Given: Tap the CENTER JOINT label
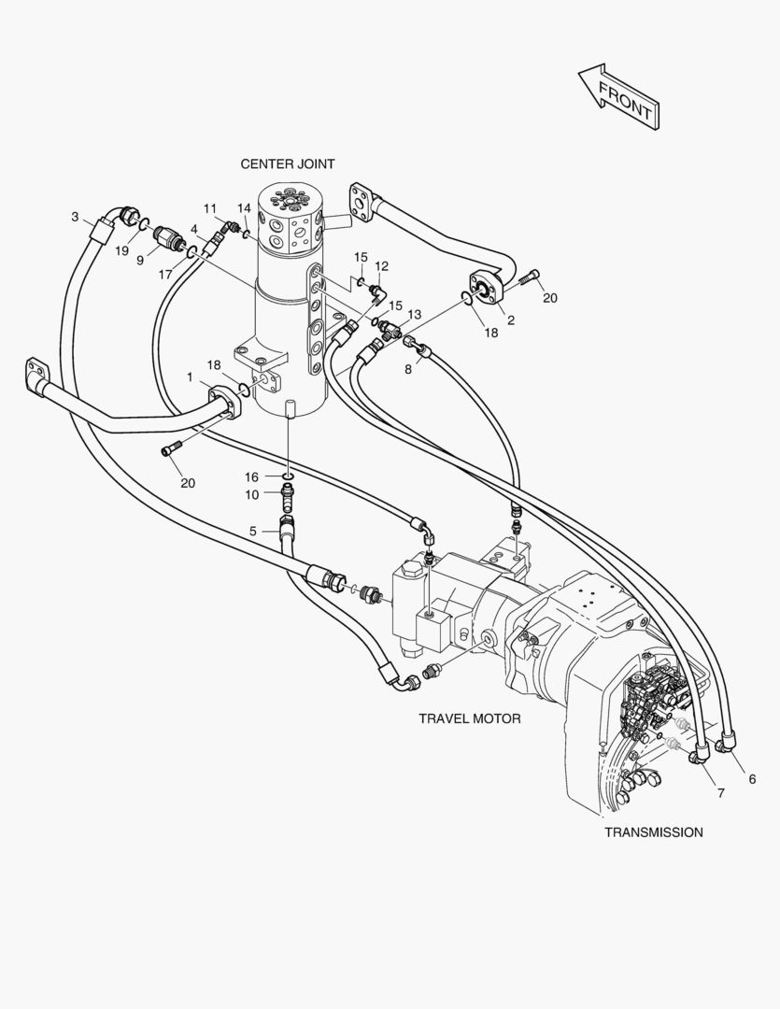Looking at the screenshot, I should (288, 163).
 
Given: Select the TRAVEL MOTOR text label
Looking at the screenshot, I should (469, 718).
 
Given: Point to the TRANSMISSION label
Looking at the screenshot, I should (653, 831).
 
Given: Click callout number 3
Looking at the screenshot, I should (75, 217).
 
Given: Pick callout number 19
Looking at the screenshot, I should (121, 250).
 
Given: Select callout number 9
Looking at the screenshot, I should (140, 261).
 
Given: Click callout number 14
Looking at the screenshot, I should (244, 207).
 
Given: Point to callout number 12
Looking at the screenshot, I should (381, 265).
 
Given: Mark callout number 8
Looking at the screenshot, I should (408, 368).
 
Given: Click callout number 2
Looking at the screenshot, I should (511, 320).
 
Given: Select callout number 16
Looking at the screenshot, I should (251, 476).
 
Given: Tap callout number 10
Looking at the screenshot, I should (251, 494).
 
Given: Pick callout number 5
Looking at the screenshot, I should (252, 531).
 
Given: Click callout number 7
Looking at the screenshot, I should (720, 793).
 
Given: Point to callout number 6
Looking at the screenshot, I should (752, 778).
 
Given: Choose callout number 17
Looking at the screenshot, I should (165, 275).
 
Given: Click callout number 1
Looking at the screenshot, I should (190, 377).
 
